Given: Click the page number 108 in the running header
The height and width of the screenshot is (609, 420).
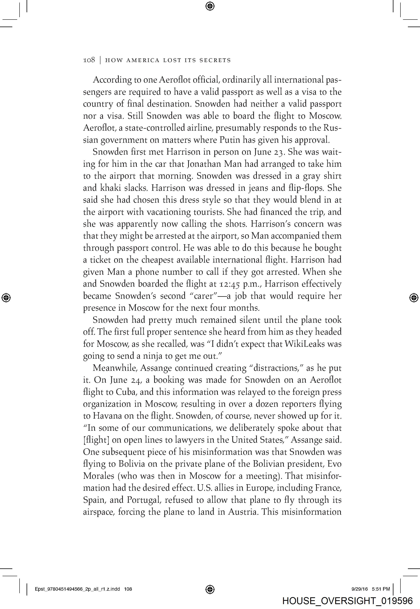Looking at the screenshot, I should (x=89, y=60).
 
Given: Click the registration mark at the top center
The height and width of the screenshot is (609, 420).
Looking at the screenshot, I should (x=210, y=6).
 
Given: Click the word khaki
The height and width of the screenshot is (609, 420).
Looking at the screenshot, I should (x=111, y=188).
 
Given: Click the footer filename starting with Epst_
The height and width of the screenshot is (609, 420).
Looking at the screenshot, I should (x=83, y=589).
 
